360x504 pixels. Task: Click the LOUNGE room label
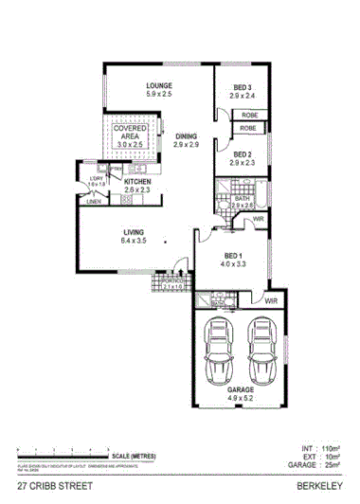tap(158, 86)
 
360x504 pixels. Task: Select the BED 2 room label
tap(242, 153)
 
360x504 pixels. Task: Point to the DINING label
tap(186, 137)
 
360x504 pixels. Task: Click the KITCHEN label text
tap(138, 181)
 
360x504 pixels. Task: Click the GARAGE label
tap(241, 389)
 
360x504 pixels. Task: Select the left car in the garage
tap(222, 348)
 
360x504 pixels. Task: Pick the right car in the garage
tap(262, 348)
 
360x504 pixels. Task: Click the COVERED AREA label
tap(131, 132)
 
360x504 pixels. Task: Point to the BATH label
tap(242, 198)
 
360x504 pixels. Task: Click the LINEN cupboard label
tap(93, 201)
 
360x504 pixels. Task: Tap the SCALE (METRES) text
tap(132, 455)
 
